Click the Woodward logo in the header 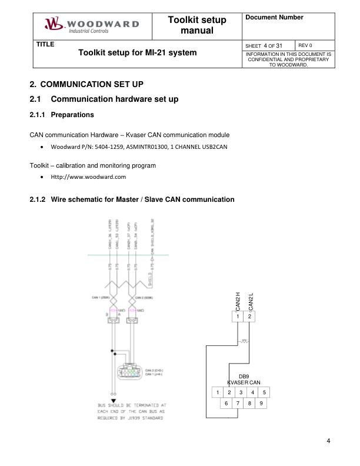(x=91, y=25)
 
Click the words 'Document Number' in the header (x=274, y=18)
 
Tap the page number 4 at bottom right (x=328, y=441)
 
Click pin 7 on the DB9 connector (x=238, y=404)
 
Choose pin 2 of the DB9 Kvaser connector (x=229, y=392)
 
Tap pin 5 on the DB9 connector (x=265, y=392)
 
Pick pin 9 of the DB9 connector (x=261, y=404)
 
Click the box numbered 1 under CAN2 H (x=238, y=317)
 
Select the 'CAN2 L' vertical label (x=251, y=301)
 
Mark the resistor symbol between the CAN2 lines (x=244, y=341)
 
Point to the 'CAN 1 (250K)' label (x=101, y=298)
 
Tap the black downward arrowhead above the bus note (x=113, y=400)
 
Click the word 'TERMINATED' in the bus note (x=145, y=405)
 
